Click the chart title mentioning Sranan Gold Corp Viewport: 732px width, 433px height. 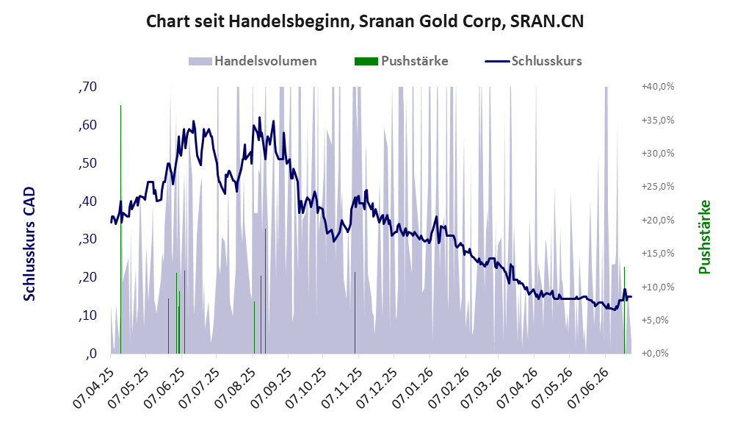click(x=365, y=21)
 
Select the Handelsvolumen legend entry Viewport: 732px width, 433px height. click(x=253, y=61)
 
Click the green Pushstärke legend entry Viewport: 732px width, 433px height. click(x=401, y=61)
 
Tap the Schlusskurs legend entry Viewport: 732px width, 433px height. click(x=533, y=61)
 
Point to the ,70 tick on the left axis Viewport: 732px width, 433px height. click(x=88, y=87)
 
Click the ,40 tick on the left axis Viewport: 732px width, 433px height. click(x=88, y=201)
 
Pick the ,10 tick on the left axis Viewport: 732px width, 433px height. click(x=88, y=315)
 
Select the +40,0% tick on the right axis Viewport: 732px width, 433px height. click(x=658, y=87)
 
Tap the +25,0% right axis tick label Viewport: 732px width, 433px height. click(x=658, y=187)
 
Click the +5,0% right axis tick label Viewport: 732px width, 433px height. click(x=659, y=321)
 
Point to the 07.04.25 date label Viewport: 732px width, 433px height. click(x=94, y=389)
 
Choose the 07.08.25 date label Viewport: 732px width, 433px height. click(x=236, y=389)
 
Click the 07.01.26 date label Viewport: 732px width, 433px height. click(x=414, y=389)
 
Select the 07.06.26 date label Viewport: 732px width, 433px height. click(x=590, y=389)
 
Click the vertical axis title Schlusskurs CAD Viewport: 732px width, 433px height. click(x=29, y=244)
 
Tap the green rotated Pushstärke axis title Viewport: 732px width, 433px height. click(x=704, y=237)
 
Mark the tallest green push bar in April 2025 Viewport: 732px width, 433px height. click(x=121, y=229)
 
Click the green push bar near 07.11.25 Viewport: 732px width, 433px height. click(x=355, y=313)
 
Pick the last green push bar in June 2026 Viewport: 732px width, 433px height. click(x=624, y=310)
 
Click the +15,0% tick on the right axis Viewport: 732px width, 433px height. click(x=658, y=254)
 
